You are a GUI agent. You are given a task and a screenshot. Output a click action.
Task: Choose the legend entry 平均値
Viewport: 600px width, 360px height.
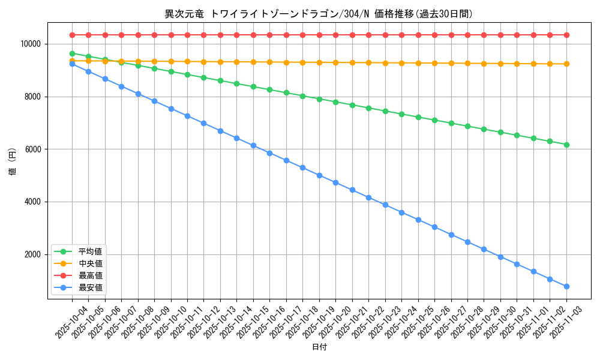point(90,251)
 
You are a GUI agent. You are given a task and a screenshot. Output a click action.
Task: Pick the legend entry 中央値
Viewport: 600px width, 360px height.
point(90,263)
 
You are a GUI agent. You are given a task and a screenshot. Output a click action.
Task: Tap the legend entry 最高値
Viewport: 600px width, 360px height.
point(90,275)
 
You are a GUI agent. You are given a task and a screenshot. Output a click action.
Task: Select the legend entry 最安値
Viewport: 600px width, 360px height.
point(90,287)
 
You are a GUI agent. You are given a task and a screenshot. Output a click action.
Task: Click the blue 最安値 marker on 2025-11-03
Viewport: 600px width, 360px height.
point(566,286)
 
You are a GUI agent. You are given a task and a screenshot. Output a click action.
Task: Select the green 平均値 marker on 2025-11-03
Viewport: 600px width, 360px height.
point(566,145)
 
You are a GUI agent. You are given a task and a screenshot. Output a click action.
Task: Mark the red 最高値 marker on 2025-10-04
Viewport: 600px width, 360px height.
point(72,35)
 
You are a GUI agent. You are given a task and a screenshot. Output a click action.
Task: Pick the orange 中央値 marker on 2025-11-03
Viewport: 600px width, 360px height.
point(566,64)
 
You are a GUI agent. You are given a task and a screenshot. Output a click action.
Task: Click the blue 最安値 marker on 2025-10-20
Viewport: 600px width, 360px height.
point(335,182)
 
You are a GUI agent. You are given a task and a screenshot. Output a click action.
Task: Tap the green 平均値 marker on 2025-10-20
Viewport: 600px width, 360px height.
point(335,102)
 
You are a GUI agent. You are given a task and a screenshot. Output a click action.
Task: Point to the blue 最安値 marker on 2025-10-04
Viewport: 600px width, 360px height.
point(72,63)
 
